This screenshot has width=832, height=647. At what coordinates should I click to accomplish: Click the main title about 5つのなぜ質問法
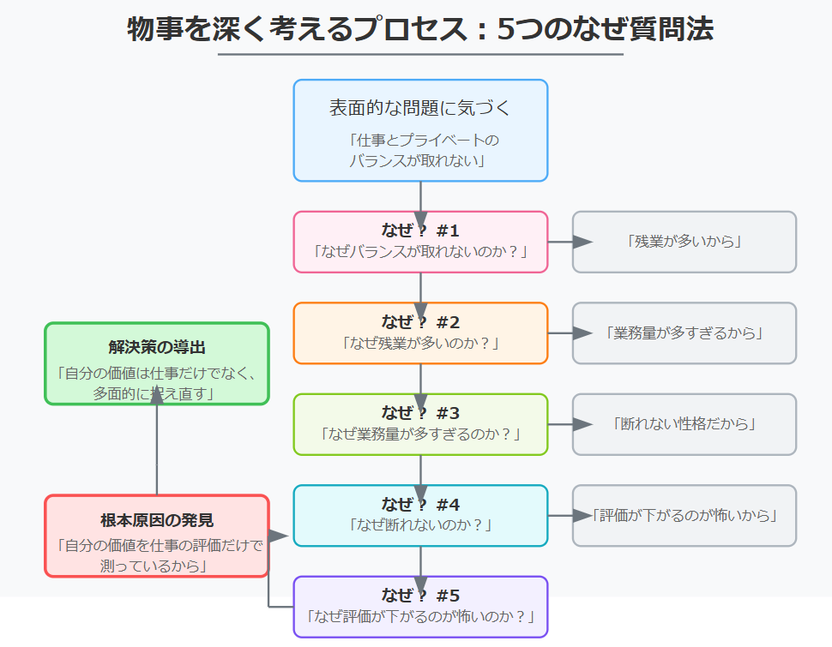[x=420, y=29]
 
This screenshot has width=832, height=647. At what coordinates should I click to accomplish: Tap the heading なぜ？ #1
[x=420, y=231]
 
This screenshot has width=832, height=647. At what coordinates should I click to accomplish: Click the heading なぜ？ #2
[x=420, y=322]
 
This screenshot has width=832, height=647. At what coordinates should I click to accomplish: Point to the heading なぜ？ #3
[x=420, y=413]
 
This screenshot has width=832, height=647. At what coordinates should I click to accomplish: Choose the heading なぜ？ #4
[x=420, y=505]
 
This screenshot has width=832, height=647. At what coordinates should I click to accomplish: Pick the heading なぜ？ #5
[x=420, y=596]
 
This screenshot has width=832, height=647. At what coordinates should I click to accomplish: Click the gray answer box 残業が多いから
[x=684, y=242]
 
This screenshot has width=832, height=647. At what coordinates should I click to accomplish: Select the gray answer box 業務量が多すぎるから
[x=684, y=333]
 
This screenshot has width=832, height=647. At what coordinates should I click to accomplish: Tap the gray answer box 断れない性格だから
[x=684, y=424]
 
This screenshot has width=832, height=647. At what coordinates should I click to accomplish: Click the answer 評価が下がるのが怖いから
[x=684, y=516]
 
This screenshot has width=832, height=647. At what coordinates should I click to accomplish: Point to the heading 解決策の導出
[x=157, y=348]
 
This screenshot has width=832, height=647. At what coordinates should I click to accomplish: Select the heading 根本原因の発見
[x=157, y=520]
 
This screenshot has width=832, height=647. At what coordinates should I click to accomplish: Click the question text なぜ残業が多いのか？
[x=420, y=343]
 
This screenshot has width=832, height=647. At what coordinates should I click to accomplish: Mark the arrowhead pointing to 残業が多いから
[x=582, y=242]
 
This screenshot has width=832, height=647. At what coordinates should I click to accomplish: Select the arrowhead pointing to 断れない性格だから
[x=582, y=424]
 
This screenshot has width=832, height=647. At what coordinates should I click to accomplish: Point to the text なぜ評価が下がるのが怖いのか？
[x=420, y=616]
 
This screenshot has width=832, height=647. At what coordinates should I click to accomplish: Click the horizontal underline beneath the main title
[x=420, y=55]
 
